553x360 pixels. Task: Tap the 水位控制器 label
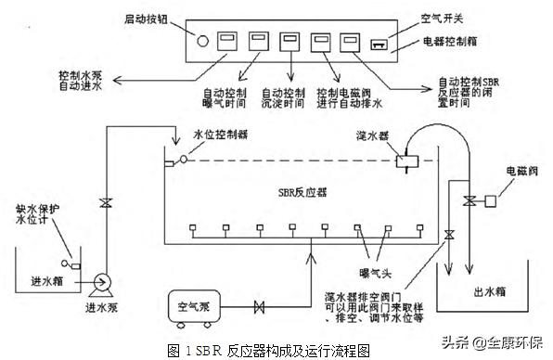click(221, 135)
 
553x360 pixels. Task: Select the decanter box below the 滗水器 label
click(405, 159)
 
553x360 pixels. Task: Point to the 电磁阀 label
click(515, 172)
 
